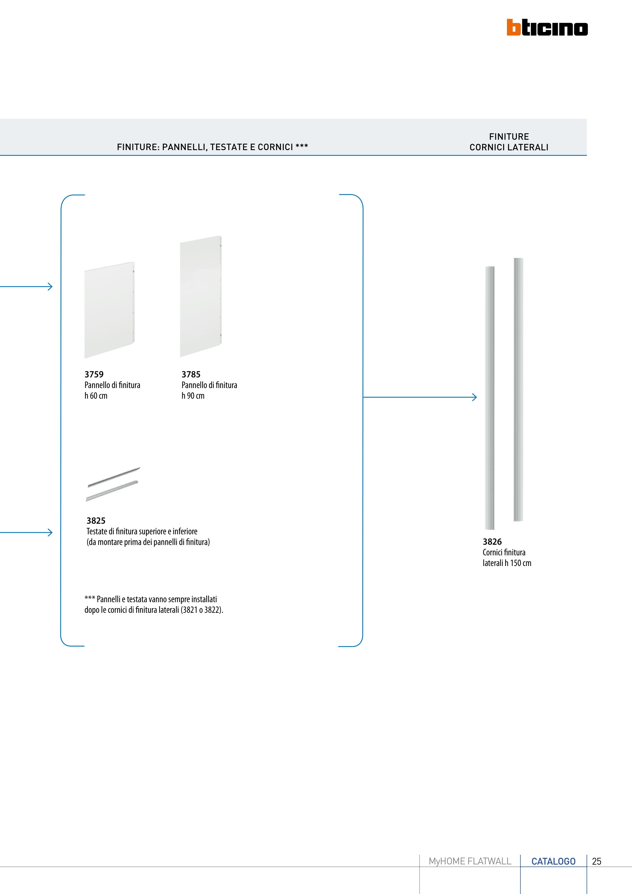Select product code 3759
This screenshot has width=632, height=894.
click(94, 374)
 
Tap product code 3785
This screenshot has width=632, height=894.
click(191, 374)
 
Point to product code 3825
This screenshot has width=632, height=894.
click(96, 521)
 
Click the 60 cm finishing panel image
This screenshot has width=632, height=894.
click(109, 310)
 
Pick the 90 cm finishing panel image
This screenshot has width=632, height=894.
click(200, 296)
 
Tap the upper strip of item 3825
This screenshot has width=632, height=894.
click(114, 477)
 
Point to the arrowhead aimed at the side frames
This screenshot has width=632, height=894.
click(475, 397)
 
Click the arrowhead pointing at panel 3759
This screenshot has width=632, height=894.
click(50, 287)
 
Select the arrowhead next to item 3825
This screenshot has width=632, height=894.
click(50, 532)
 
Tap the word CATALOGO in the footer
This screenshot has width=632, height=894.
click(553, 861)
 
